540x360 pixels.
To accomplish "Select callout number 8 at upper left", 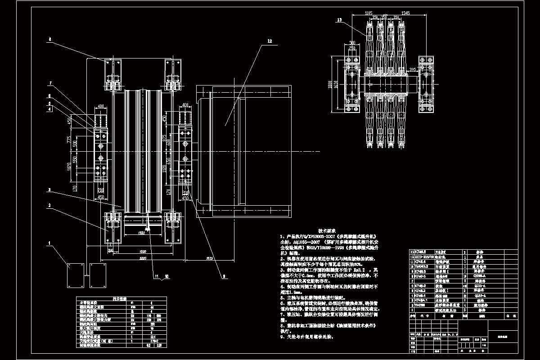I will coord(50,40).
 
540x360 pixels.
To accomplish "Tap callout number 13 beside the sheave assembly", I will coord(339,19).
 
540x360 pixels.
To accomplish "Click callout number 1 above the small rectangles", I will coord(50,245).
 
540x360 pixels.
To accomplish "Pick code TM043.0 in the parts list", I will coord(421,266).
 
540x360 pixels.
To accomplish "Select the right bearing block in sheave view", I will coord(425,84).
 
